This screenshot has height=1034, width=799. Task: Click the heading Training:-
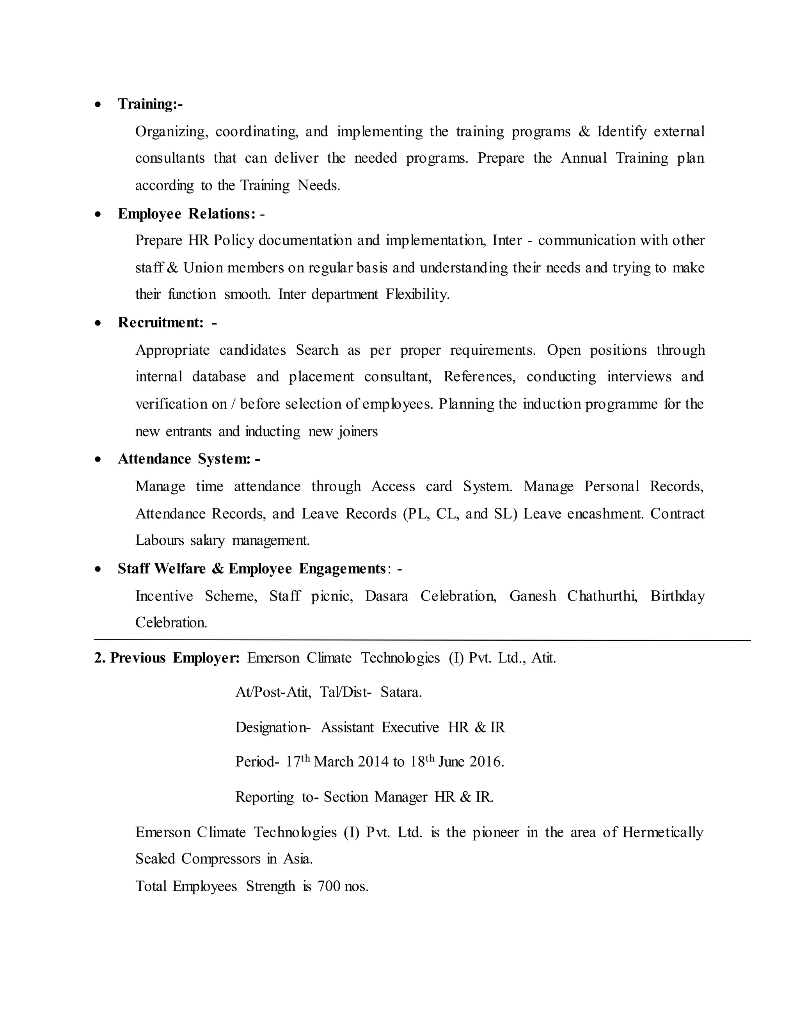150,104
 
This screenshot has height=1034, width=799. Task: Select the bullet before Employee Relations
98,215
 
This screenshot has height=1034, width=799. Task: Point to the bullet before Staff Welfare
98,569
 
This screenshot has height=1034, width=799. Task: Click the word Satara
401,692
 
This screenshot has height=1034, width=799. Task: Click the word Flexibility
417,295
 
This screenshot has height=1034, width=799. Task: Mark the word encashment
605,514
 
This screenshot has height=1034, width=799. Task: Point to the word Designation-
273,727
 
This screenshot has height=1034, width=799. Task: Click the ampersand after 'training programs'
584,131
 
